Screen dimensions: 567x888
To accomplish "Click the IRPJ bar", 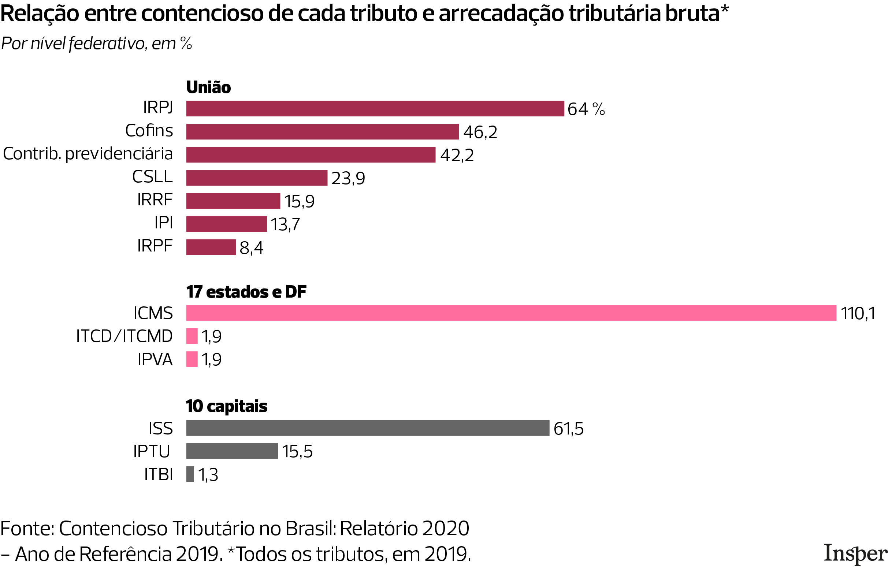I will click(x=375, y=109).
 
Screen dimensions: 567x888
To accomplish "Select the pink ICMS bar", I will click(x=511, y=313).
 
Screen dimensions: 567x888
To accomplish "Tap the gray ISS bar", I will click(x=367, y=428).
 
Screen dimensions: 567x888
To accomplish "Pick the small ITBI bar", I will click(x=190, y=474).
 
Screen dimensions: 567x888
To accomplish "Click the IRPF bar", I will click(x=211, y=247).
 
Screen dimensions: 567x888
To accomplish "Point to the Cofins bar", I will click(x=322, y=132).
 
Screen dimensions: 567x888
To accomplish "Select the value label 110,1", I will click(x=858, y=313).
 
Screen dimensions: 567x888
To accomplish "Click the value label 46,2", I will click(x=480, y=132).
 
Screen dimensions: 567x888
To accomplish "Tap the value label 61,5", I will click(x=568, y=428).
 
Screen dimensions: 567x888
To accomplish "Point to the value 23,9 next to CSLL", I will click(x=348, y=178).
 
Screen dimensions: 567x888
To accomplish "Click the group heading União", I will click(x=208, y=87).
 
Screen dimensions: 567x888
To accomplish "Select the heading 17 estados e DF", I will click(x=246, y=292).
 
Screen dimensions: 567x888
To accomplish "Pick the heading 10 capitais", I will click(x=226, y=406).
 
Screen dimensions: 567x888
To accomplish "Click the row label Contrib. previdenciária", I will click(x=88, y=154).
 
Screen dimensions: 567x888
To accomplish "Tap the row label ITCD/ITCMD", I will click(x=124, y=336).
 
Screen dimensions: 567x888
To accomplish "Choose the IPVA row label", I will click(x=155, y=359).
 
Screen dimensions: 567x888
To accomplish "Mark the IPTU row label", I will click(x=152, y=451).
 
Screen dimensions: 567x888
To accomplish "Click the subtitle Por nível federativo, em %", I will click(x=97, y=44).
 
